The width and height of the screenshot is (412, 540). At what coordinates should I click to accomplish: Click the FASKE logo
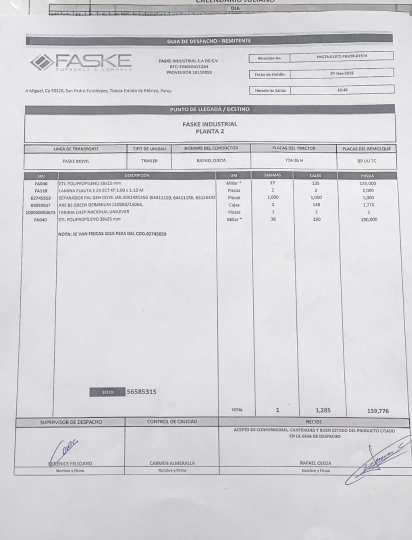pos(80,62)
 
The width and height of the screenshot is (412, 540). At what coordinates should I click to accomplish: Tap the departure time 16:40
pos(341,90)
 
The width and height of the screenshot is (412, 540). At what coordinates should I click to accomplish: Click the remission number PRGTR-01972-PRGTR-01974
pos(341,57)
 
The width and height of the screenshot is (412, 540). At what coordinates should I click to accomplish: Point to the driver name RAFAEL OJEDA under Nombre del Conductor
pos(211,160)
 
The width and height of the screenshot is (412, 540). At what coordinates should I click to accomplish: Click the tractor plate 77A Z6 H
pos(294,160)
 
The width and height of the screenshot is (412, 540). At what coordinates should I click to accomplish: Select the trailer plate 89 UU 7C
pos(366,161)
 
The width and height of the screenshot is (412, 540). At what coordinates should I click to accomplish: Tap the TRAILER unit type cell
pos(149,161)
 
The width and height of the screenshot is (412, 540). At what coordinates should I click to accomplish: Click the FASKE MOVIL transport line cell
pos(75,161)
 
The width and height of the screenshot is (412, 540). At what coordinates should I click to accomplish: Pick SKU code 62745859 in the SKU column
pos(40,197)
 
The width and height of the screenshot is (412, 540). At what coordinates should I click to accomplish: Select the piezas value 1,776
pos(368,205)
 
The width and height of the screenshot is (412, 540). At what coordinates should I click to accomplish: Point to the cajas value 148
pos(315,205)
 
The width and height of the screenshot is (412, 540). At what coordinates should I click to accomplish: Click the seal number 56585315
pos(141,391)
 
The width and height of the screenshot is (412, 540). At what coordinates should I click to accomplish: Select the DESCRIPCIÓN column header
pos(136,175)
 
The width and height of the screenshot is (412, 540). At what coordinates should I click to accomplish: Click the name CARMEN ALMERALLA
pos(172,463)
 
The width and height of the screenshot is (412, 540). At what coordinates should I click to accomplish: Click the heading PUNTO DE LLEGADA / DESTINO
pos(209,109)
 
